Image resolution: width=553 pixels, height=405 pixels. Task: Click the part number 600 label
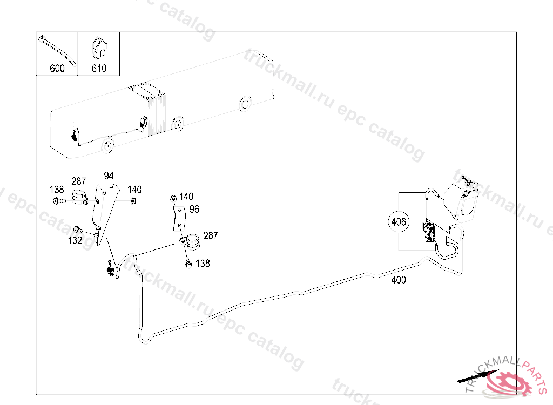[x=57, y=69]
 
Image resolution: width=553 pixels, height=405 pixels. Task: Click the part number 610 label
[x=99, y=69]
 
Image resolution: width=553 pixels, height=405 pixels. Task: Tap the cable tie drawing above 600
[x=56, y=48]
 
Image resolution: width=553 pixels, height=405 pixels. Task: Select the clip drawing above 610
[x=98, y=48]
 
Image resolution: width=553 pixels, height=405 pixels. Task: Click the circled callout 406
[x=399, y=221]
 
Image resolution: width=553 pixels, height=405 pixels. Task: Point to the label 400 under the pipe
[x=399, y=280]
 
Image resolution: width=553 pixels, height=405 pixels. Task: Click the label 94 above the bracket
[x=109, y=176]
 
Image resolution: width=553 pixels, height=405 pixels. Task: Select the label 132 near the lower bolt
[x=75, y=241]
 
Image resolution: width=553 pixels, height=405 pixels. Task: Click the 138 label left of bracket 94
[x=57, y=190]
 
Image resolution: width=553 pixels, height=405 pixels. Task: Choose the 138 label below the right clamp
[x=203, y=264]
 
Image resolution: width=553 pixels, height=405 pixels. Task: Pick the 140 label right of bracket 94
[x=134, y=190]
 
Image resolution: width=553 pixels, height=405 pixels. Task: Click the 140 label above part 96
[x=186, y=197]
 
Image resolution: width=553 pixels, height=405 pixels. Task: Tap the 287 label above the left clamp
[x=79, y=181]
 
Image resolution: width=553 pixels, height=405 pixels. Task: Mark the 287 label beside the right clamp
[x=211, y=235]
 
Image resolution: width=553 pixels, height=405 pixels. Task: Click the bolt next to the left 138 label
[x=58, y=201]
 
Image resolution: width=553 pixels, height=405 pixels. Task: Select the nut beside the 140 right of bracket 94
[x=133, y=201]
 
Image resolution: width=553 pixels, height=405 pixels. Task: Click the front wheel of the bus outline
[x=108, y=145]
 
